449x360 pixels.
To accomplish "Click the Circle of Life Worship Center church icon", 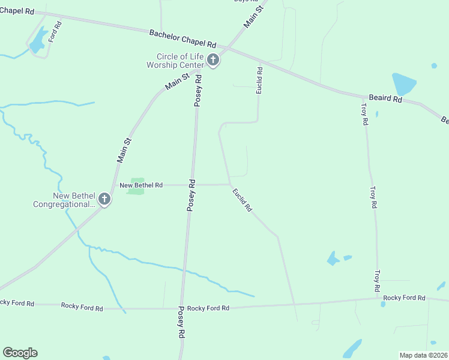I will tap(212, 59).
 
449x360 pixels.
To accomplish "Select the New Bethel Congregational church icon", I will tap(104, 199).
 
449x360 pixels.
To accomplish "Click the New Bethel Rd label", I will tap(141, 185).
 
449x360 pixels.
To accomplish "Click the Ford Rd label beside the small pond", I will tap(55, 31).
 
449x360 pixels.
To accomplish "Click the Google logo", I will tap(20, 353).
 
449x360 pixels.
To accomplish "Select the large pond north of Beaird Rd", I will tap(403, 84).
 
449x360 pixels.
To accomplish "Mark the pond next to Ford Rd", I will tap(38, 41).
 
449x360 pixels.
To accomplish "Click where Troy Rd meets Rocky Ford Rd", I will tap(378, 297).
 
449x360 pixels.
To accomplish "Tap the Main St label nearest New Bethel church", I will tap(124, 150).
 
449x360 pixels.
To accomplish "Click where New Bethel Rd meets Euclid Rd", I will tap(229, 185).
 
